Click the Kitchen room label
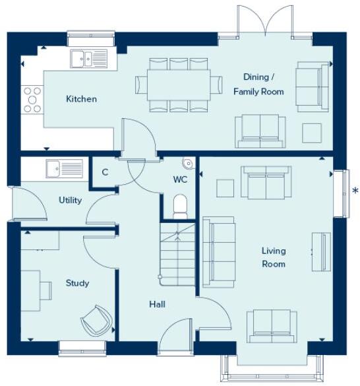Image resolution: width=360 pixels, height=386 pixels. (x=81, y=99)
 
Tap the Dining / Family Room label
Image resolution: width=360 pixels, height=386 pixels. (x=258, y=84)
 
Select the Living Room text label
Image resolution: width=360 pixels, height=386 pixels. (x=273, y=257)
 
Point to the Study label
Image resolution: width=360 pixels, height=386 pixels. (x=77, y=283)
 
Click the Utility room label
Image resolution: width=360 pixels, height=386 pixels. (x=70, y=200)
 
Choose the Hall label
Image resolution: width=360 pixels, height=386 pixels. (x=156, y=304)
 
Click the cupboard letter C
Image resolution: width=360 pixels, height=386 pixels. (x=105, y=174)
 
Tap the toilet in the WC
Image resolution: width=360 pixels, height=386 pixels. (x=180, y=206)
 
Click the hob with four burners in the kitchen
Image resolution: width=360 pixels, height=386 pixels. (x=32, y=100)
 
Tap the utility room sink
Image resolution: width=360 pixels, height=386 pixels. (x=64, y=168)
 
